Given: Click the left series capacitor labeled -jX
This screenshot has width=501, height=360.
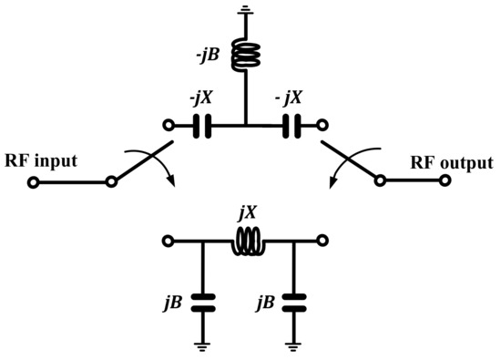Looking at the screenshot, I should tap(204, 126).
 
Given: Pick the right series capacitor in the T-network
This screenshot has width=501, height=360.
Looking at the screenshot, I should tap(291, 126).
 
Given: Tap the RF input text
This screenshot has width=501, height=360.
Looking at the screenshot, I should tap(41, 161).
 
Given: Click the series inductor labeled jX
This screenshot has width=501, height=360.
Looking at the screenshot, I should tap(248, 242).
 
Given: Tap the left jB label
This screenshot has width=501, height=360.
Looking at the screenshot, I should tap(173, 301).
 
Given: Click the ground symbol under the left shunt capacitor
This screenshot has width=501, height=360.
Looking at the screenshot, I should tap(203, 345).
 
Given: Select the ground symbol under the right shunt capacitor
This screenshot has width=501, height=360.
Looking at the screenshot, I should tap(292, 345).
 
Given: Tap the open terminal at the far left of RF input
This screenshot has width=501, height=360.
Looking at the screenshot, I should tap(33, 182).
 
